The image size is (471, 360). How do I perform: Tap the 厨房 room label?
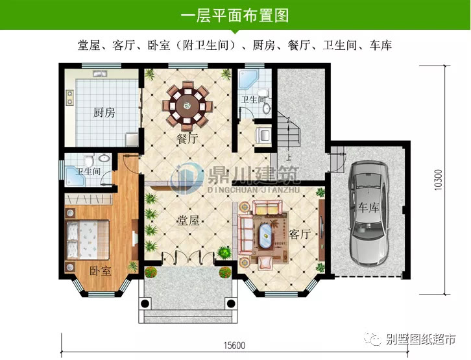point(104,113)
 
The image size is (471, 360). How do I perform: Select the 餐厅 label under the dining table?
point(187,138)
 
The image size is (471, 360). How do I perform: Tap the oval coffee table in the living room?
point(266,236)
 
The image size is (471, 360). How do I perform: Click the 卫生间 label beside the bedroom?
point(88,172)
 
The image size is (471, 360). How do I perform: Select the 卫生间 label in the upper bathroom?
point(254,100)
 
